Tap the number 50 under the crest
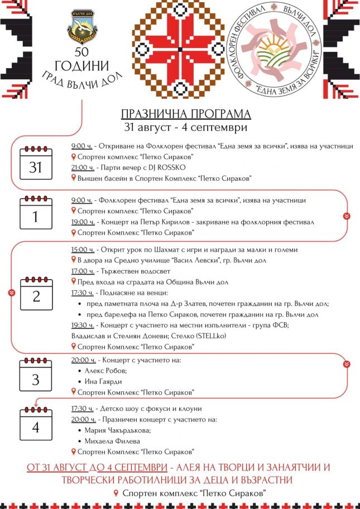(x=82, y=56)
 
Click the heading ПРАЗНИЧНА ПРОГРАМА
(x=186, y=114)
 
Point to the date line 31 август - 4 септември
(x=186, y=127)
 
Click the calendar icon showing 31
(x=36, y=163)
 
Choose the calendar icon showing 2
(x=36, y=293)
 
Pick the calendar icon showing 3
(x=36, y=376)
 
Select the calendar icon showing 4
(x=36, y=424)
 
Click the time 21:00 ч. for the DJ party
(x=82, y=167)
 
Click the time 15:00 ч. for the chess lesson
(x=82, y=249)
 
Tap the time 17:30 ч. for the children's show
(x=82, y=409)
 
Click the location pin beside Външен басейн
(x=74, y=178)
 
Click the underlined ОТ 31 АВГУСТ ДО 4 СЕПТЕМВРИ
(x=97, y=467)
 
